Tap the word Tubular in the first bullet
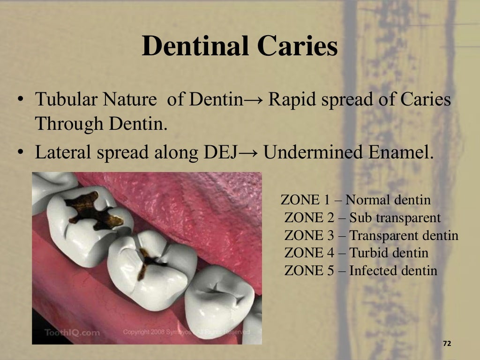pos(67,100)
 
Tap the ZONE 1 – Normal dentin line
pos(355,200)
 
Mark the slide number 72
pos(447,344)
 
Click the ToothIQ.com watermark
pos(72,333)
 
